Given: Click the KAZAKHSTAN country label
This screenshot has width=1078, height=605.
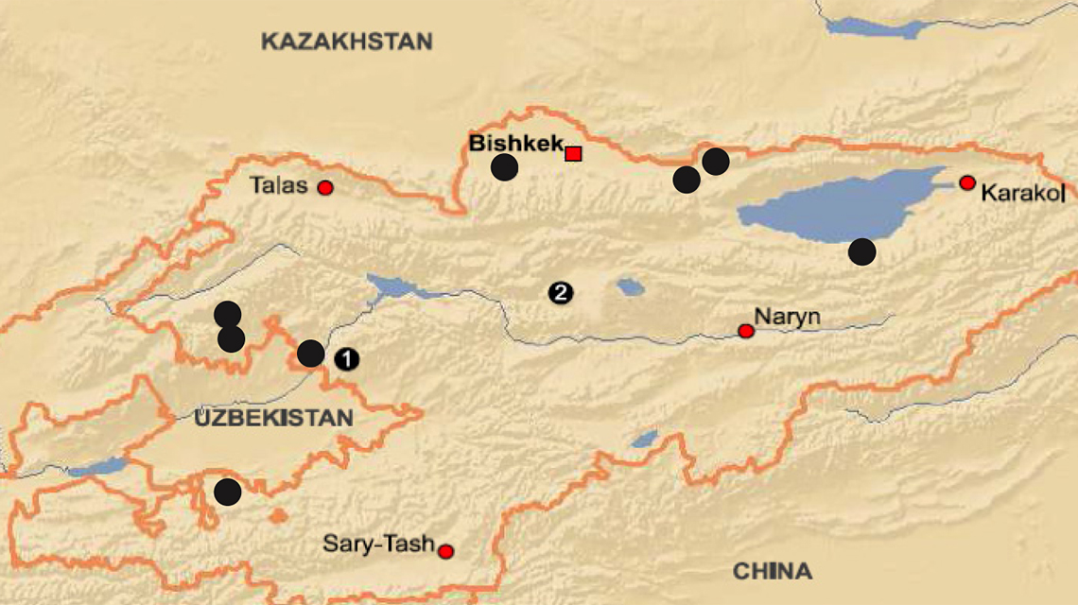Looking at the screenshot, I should click(347, 42).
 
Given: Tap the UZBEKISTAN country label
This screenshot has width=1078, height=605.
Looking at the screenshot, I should click(274, 418).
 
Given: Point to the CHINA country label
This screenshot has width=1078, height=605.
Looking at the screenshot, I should click(773, 571).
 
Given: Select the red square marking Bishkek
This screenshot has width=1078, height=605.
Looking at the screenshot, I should click(573, 153).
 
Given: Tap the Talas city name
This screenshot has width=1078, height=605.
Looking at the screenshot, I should click(279, 185).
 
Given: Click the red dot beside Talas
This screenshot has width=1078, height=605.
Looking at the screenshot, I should click(325, 187).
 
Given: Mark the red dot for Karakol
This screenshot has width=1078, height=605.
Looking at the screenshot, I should click(966, 182).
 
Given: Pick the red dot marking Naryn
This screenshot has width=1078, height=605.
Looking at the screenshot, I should click(746, 331).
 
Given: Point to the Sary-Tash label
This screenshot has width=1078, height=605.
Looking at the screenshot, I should click(378, 544).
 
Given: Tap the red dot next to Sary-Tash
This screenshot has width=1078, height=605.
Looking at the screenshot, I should click(446, 551).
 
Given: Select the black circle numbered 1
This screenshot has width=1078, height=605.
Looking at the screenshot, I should click(347, 358).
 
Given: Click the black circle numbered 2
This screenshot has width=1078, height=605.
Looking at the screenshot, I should click(560, 293).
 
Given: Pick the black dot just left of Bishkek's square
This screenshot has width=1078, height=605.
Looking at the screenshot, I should click(505, 167).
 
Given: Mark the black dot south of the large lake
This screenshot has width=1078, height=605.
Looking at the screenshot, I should click(861, 251).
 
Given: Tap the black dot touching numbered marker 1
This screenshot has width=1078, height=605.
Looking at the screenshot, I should click(311, 354).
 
